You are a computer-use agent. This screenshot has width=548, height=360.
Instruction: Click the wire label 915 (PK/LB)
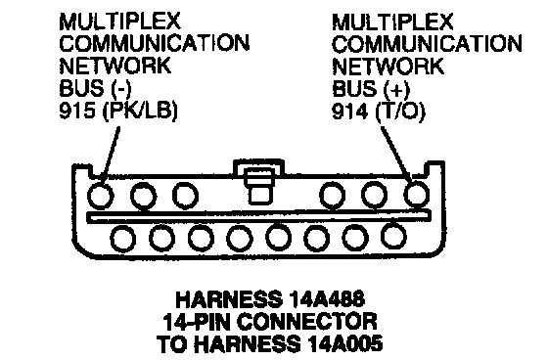coord(118,112)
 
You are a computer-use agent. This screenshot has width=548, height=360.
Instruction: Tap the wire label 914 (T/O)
coord(379,112)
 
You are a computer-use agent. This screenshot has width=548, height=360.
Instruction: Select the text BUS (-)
coord(95,89)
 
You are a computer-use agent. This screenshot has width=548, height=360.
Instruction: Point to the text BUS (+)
coord(371,89)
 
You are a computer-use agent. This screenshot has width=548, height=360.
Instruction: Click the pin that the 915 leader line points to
coord(100,196)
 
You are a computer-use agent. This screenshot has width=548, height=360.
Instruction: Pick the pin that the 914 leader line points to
coord(417,194)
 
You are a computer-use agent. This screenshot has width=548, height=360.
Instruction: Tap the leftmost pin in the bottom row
coord(123,239)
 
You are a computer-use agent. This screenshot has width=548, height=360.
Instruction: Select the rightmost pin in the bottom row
coord(393,236)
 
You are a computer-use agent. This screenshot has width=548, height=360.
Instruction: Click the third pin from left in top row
coord(186,195)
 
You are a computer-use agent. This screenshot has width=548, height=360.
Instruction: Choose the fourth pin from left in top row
coord(333,195)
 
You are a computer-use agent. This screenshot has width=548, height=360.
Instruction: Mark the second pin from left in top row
coord(143,196)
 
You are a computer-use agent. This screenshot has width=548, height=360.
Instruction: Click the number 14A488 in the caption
coord(327,299)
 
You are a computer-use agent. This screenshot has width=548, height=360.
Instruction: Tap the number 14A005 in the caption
coord(344,343)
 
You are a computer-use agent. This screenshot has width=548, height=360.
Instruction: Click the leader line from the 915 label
coord(110,154)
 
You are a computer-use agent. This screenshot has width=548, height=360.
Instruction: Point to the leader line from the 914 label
coord(396,153)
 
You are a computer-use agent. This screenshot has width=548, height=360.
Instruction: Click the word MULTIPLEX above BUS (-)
coord(119,22)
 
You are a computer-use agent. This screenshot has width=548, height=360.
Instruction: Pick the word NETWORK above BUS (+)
coord(388,67)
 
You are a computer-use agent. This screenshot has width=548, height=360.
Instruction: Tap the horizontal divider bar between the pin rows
coord(259,216)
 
